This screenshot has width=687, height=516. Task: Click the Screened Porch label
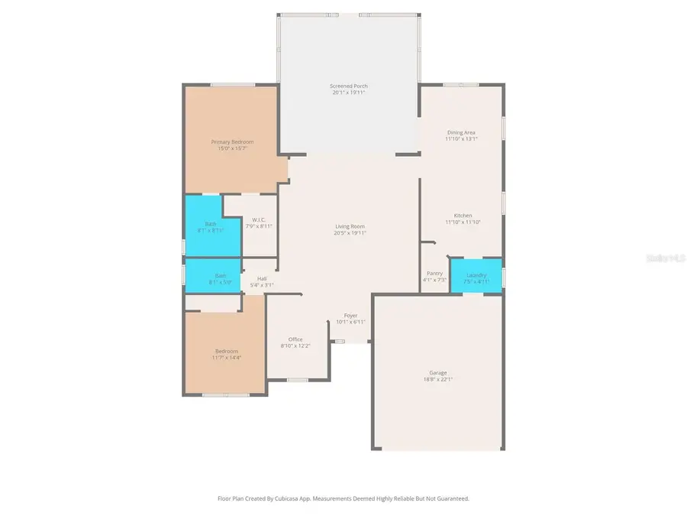click(348, 86)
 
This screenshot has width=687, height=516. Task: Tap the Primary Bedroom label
click(232, 142)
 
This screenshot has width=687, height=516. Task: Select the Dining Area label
click(461, 132)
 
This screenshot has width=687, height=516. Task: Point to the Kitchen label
click(463, 216)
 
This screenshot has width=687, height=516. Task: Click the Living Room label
click(350, 226)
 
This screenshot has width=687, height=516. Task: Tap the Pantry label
click(434, 273)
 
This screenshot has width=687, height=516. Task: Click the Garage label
click(437, 372)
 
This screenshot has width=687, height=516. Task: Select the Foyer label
click(350, 316)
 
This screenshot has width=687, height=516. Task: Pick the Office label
click(295, 339)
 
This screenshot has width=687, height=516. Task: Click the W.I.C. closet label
click(258, 220)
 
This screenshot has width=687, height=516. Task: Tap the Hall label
click(262, 278)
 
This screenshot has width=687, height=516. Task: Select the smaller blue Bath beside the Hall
click(220, 278)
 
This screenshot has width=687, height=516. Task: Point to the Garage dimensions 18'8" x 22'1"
click(437, 379)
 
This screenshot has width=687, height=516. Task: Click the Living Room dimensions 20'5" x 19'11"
click(350, 233)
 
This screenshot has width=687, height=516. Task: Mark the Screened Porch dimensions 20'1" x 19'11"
click(348, 93)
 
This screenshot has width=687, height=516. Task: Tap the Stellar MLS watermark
click(666, 259)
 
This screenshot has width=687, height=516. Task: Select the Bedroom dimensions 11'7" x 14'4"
click(226, 358)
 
